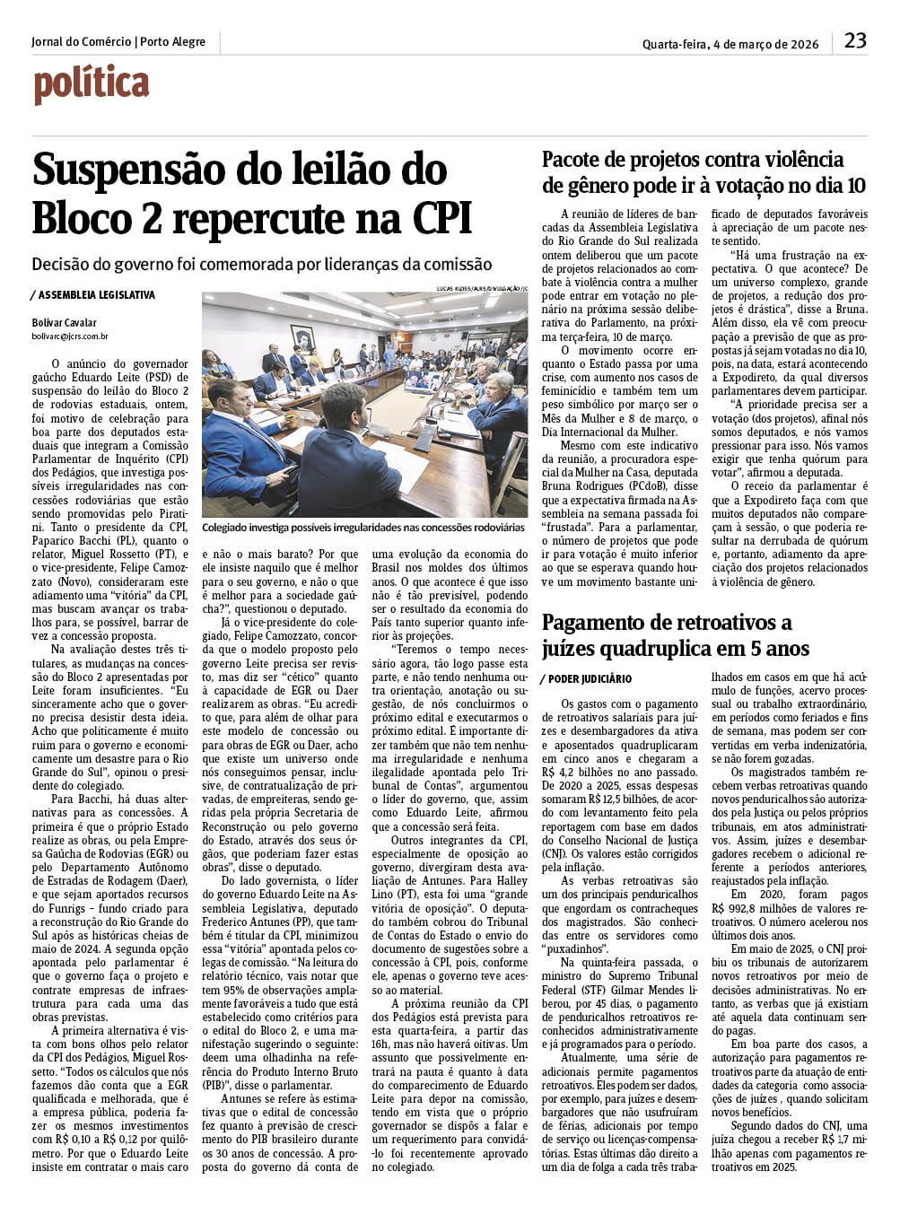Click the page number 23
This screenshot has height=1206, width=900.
(x=855, y=40)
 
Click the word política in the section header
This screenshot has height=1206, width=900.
(x=92, y=85)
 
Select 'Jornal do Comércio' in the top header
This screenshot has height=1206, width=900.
(x=81, y=42)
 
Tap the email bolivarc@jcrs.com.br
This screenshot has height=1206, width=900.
(x=70, y=336)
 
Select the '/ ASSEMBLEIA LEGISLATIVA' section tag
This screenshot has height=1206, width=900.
(x=92, y=294)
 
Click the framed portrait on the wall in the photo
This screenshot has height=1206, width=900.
(x=305, y=339)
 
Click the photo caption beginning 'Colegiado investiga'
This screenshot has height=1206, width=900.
(x=363, y=528)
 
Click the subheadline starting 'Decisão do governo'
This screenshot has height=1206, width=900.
(x=261, y=264)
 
